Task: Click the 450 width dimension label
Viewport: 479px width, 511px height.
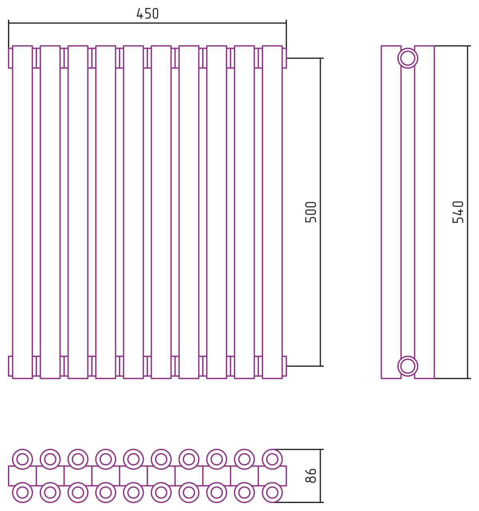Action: point(147,14)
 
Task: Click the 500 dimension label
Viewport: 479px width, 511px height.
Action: point(311,212)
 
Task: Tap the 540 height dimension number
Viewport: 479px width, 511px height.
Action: point(458,212)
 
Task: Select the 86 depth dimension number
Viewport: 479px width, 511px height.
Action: point(311,475)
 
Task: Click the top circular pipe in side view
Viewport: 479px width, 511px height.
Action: point(407,58)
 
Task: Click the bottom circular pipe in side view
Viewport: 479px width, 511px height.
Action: point(407,366)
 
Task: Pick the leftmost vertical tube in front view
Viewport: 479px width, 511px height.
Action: point(22,212)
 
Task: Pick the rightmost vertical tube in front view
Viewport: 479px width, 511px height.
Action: point(272,212)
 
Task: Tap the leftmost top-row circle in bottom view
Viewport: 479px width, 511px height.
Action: point(22,459)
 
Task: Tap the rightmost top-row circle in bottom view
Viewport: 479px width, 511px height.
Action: point(272,459)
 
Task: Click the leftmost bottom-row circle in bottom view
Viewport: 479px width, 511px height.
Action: point(22,492)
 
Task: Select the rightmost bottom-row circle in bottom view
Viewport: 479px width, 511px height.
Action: point(272,492)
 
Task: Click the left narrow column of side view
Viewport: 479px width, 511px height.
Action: point(391,212)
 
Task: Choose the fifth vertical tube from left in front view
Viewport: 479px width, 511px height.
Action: point(133,212)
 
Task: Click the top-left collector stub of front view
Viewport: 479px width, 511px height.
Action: point(10,58)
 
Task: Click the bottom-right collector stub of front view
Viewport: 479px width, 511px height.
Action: point(284,366)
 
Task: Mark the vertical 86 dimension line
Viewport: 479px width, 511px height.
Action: point(321,475)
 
